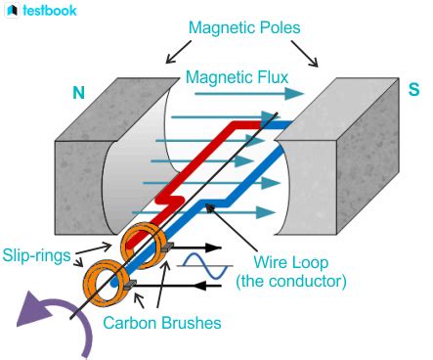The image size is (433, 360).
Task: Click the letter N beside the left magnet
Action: (x=79, y=94)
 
